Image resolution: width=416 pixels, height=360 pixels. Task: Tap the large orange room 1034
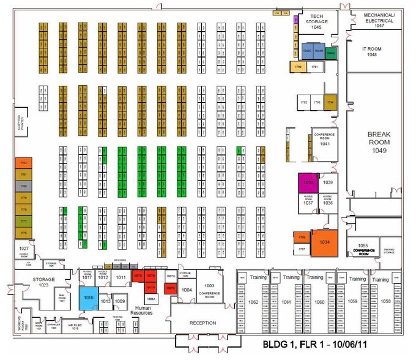click(x=324, y=242)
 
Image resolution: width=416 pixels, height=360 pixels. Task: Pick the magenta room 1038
click(x=308, y=182)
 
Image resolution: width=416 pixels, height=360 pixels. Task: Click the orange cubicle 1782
click(x=23, y=163)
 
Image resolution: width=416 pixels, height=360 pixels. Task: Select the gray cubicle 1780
click(x=23, y=186)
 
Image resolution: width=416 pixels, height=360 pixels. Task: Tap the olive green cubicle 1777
click(x=23, y=222)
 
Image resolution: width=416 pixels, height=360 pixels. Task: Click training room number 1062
click(x=253, y=302)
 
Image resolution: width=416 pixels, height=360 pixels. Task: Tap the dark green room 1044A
click(x=330, y=53)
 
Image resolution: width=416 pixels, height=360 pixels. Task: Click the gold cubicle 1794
click(x=330, y=102)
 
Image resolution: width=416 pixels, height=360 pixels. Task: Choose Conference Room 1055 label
click(x=363, y=249)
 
